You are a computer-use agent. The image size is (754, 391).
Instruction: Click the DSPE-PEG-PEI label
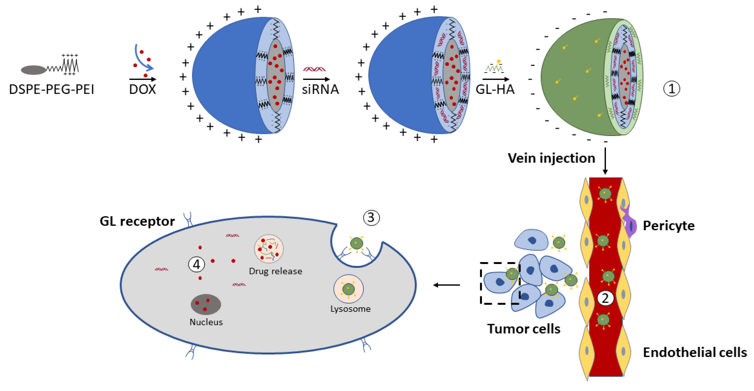[x=52, y=89]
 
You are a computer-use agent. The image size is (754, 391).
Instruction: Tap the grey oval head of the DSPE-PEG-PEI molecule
[x=33, y=70]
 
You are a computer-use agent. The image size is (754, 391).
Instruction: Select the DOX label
[x=142, y=89]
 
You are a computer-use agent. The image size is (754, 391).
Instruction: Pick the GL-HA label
[x=495, y=89]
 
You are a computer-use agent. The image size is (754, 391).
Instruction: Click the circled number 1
[x=671, y=89]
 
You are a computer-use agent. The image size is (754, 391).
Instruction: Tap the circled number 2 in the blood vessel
[x=605, y=298]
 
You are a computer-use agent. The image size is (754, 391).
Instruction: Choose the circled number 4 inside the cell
[x=196, y=264]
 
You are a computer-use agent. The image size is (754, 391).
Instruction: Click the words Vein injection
[x=551, y=158]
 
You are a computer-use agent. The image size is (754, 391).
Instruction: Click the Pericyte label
[x=669, y=226]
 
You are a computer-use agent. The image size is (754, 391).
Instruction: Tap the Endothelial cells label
[x=695, y=352]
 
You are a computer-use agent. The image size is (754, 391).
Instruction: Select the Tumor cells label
[x=524, y=329]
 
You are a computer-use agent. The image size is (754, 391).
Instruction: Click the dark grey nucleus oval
[x=206, y=304]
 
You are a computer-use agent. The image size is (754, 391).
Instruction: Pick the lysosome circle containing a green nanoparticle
[x=348, y=289]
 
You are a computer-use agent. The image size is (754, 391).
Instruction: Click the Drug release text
[x=275, y=271]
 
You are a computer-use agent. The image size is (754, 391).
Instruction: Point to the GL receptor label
[x=137, y=221]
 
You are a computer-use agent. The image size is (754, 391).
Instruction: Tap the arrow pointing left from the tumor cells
[x=446, y=285]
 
